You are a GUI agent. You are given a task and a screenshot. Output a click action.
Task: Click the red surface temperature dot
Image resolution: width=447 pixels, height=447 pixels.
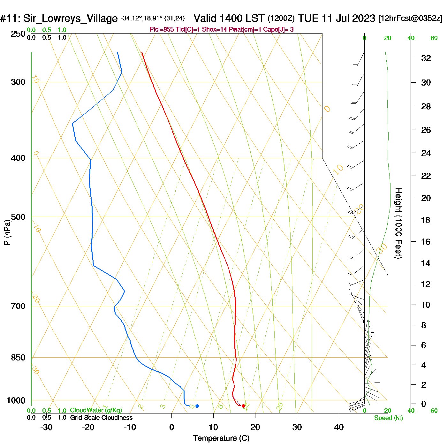point(243,406)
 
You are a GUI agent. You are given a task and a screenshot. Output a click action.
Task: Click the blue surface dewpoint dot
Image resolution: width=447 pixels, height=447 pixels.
point(197,406)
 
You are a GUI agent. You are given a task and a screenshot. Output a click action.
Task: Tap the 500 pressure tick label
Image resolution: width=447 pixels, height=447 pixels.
point(18,217)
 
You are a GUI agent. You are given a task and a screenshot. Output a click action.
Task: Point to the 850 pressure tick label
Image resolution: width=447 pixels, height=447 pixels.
point(18,358)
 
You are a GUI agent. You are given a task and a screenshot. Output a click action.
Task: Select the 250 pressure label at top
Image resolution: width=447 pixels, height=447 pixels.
point(18,34)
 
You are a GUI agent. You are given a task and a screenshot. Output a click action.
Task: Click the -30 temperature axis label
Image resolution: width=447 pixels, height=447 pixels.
point(46,427)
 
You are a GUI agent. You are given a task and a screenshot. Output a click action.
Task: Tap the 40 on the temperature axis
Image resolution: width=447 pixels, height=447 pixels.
point(339,427)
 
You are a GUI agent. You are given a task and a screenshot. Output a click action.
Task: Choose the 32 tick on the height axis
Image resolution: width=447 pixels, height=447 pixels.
point(426,58)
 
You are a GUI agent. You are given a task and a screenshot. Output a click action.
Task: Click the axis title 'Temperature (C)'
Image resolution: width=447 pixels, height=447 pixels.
point(221,438)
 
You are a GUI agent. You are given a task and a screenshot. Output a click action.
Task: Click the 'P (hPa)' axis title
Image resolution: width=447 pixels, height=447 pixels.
point(7,232)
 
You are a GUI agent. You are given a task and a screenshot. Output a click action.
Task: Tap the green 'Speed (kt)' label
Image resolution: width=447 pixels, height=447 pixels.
point(388,418)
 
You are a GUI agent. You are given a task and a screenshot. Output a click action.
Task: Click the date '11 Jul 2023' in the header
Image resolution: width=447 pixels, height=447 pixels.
point(348,18)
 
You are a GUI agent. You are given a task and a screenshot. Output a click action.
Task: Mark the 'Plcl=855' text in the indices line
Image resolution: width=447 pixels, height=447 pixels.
point(162,30)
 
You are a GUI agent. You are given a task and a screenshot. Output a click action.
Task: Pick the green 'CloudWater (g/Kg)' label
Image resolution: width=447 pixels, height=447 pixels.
point(96,410)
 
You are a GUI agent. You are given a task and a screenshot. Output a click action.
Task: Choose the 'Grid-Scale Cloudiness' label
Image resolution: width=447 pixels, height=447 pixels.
point(101,418)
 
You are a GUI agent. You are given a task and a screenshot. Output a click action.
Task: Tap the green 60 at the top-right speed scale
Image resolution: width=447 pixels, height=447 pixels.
point(434,38)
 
